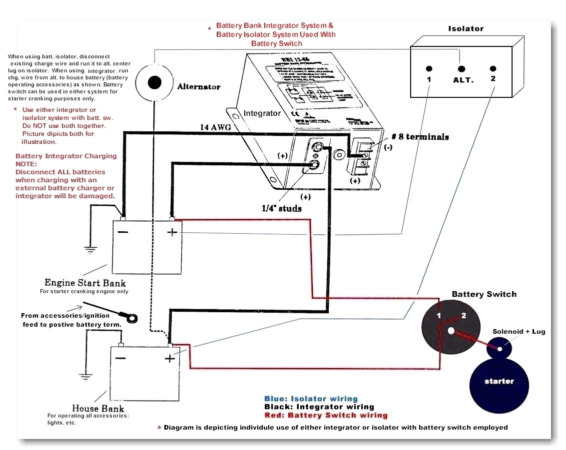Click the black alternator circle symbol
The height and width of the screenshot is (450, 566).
click(x=154, y=82)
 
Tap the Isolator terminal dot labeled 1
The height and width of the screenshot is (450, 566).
click(x=429, y=68)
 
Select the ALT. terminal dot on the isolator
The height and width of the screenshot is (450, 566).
click(x=462, y=68)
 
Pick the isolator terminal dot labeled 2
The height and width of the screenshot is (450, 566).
click(x=493, y=68)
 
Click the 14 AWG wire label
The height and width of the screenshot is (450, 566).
click(x=215, y=128)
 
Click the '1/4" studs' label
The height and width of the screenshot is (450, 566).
click(x=282, y=208)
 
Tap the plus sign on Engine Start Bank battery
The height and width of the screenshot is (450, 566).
click(x=171, y=232)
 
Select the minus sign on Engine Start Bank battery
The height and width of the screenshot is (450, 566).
click(x=122, y=232)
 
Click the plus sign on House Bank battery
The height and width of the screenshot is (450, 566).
click(x=170, y=358)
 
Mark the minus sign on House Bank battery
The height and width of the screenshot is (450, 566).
click(x=121, y=358)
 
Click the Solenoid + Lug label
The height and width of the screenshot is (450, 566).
click(x=519, y=332)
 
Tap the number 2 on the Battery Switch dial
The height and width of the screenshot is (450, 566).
click(x=463, y=315)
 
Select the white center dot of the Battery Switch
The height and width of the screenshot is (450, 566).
click(x=451, y=331)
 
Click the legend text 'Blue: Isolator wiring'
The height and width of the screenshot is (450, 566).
click(x=311, y=399)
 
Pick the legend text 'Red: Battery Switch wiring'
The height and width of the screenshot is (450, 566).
click(x=326, y=415)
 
